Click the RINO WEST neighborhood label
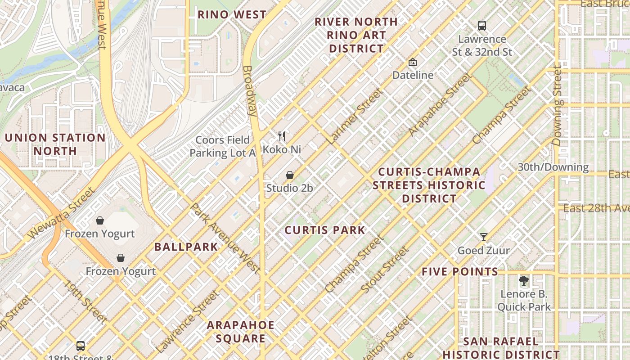coord(232,14)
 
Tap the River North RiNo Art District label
coord(356,35)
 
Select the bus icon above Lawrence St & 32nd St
coord(482,26)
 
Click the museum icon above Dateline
coord(412,63)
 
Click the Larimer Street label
coord(355,117)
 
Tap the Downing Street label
coord(558,106)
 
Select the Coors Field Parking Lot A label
coord(222,147)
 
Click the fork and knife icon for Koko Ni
coord(282,136)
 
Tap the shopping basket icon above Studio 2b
coord(290,175)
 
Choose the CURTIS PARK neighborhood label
coord(325,230)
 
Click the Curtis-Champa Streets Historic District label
coord(429,185)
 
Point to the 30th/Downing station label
coord(553,167)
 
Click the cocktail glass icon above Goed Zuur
coord(484,237)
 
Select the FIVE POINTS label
coord(460,271)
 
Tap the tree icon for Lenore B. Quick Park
coord(523,282)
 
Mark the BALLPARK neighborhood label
coord(186,247)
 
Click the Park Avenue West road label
coord(225,238)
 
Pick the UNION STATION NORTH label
coord(55,144)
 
